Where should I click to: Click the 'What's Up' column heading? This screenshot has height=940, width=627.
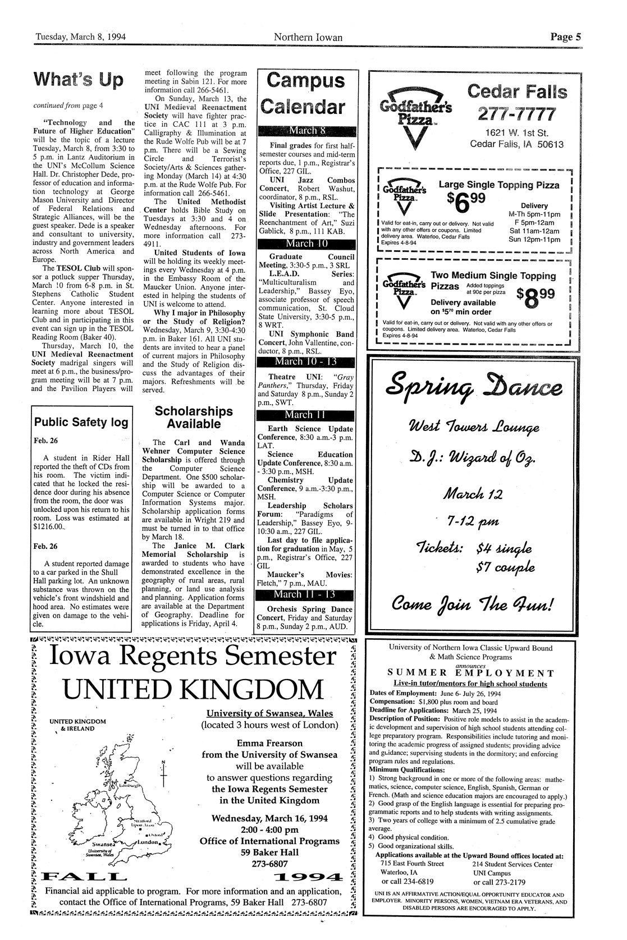(78, 80)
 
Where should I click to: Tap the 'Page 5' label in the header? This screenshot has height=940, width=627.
(565, 38)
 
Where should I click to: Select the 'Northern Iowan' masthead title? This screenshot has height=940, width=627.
(308, 38)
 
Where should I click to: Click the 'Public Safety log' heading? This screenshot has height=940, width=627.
(81, 422)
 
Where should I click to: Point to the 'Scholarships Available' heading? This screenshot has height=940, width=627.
(194, 417)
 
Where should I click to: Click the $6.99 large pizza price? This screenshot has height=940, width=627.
(466, 200)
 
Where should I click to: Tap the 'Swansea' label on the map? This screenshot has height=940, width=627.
(105, 843)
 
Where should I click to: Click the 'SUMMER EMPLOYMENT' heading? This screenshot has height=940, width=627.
(471, 673)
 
